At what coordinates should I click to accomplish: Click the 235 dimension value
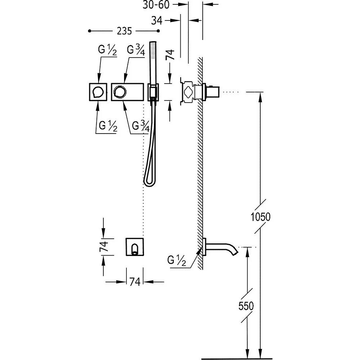tap(124, 31)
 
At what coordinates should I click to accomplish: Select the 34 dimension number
tap(157, 21)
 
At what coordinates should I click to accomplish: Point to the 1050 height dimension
tap(260, 217)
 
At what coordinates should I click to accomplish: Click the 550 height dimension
tap(246, 306)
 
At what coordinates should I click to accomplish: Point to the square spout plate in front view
tap(135, 247)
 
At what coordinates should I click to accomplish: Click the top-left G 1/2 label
tap(107, 51)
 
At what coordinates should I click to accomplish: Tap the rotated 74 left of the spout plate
tap(104, 246)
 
